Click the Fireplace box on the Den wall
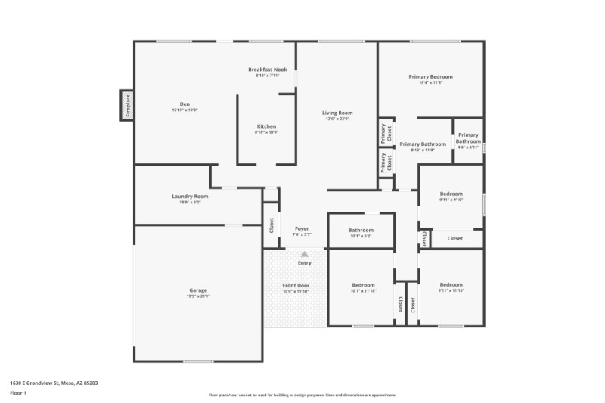coord(127,105)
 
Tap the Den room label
coord(185,104)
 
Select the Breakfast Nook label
coord(268,70)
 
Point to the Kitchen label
coord(266,126)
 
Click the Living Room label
coord(337,113)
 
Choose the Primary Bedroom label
coord(430,76)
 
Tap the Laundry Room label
coord(190,196)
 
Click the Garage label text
coord(198,290)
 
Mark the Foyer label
coord(302,228)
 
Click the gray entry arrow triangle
coord(305,255)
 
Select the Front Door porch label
coord(296,285)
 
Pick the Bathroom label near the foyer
coord(361,230)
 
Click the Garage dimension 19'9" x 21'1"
coord(198,296)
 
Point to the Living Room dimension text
coord(337,119)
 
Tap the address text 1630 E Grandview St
coord(53,383)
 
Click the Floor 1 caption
coord(18,393)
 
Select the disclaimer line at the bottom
coord(302,395)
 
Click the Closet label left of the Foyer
coord(271,225)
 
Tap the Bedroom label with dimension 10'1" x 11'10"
coord(363,285)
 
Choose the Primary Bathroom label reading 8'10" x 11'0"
coord(423,144)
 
